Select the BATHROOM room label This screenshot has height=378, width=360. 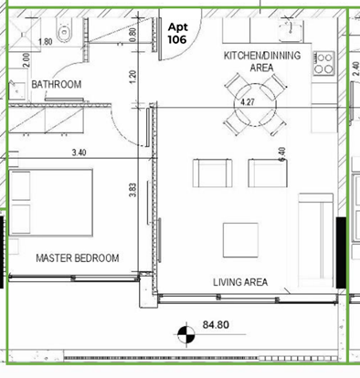point(57,85)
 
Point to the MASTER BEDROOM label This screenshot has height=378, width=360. point(77,258)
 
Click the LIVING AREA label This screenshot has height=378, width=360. point(239,282)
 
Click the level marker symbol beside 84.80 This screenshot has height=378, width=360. point(185,334)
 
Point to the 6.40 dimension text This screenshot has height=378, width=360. point(281,156)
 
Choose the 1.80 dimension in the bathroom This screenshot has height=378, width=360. point(45,42)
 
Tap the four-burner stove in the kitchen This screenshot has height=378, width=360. point(323,61)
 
